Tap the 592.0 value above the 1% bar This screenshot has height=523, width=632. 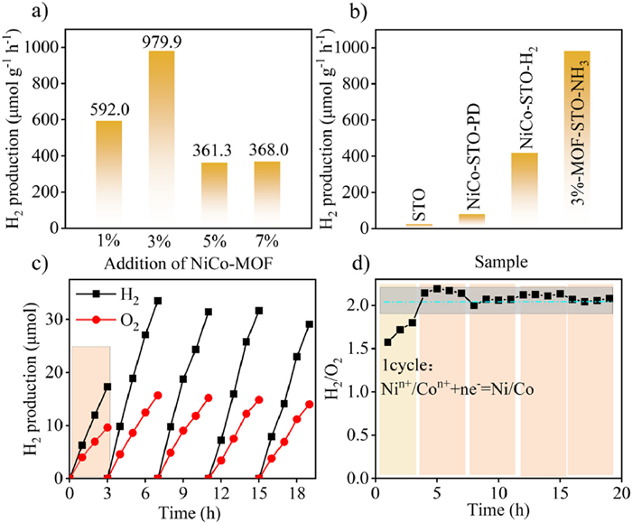pos(108,110)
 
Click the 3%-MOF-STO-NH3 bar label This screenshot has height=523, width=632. pos(576,135)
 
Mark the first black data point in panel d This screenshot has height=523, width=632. pos(387,342)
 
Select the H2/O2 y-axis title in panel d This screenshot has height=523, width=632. pos(341,379)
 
